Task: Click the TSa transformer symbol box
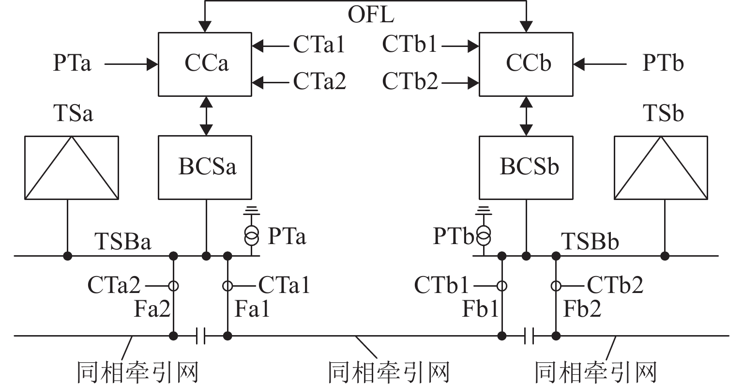pos(72,168)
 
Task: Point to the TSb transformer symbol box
pos(661,168)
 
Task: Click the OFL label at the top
pos(371,15)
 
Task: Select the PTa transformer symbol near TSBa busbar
pos(251,236)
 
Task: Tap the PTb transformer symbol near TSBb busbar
pos(483,236)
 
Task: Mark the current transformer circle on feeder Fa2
pos(173,286)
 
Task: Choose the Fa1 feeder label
pos(252,309)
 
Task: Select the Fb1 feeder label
pos(480,309)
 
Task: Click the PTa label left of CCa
pos(72,63)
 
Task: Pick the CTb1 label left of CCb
pos(409,45)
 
